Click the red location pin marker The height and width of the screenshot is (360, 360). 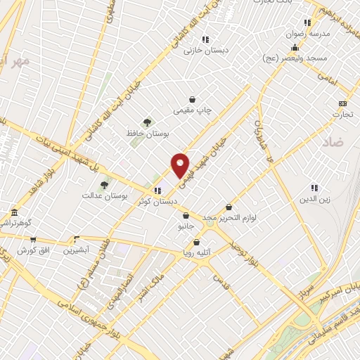click(x=180, y=165)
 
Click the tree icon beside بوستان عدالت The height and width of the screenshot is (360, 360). click(x=105, y=184)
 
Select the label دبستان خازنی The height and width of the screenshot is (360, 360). click(x=203, y=51)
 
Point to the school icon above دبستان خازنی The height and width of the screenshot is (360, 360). click(x=205, y=39)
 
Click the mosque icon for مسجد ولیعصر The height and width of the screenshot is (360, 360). click(x=294, y=48)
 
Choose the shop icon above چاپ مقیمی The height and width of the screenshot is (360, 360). click(x=192, y=100)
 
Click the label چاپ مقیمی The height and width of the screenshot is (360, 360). click(x=192, y=111)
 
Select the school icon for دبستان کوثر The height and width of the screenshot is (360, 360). click(x=157, y=190)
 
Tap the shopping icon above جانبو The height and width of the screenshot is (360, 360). click(x=186, y=216)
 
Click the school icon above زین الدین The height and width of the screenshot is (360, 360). click(x=314, y=188)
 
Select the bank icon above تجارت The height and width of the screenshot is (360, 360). click(x=342, y=103)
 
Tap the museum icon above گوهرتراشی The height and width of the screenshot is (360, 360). click(x=13, y=212)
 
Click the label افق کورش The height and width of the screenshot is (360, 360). click(x=32, y=250)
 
